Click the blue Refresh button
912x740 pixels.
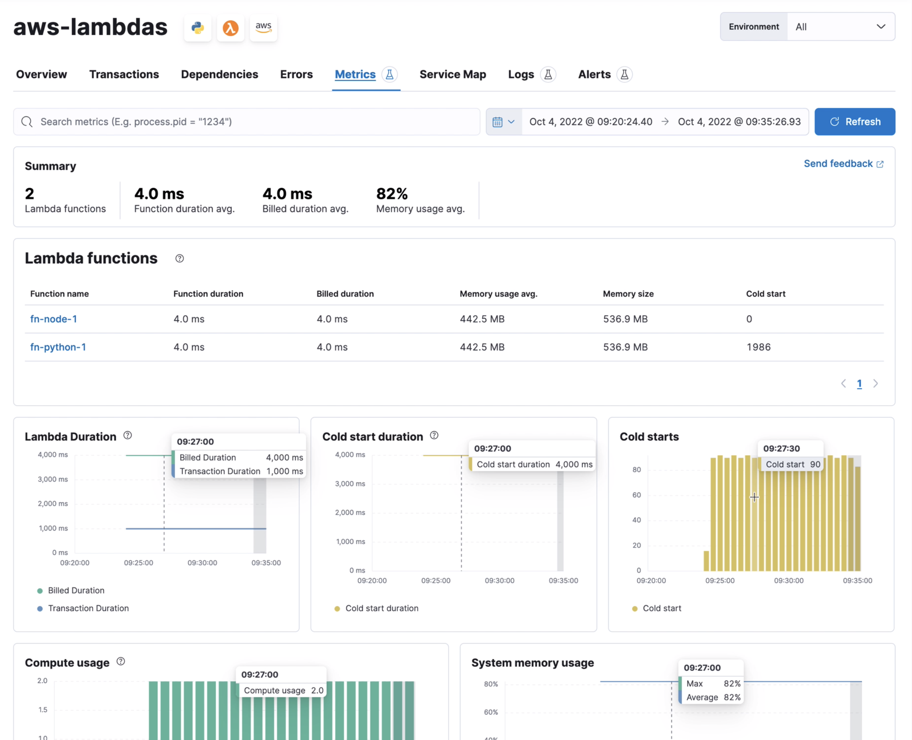(x=854, y=122)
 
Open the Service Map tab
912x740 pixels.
(x=452, y=74)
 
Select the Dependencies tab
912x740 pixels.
(x=220, y=74)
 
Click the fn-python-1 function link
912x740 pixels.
(x=58, y=347)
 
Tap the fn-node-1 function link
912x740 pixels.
(x=54, y=319)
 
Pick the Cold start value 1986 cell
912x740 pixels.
(x=758, y=347)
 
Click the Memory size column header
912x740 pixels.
(x=628, y=294)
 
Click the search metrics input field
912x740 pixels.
(x=247, y=122)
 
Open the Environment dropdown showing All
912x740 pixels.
(x=841, y=26)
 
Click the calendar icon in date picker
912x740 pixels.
(x=497, y=122)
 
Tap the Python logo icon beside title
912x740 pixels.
(x=198, y=28)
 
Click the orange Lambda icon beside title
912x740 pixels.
(x=231, y=28)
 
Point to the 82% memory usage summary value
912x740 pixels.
(x=392, y=194)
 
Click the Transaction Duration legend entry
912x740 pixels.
(x=88, y=608)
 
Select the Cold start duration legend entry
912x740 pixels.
(x=381, y=608)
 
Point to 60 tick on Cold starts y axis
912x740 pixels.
(x=636, y=495)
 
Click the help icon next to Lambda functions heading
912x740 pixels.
(x=179, y=258)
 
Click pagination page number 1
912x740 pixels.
(x=859, y=384)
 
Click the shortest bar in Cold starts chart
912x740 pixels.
(x=706, y=561)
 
